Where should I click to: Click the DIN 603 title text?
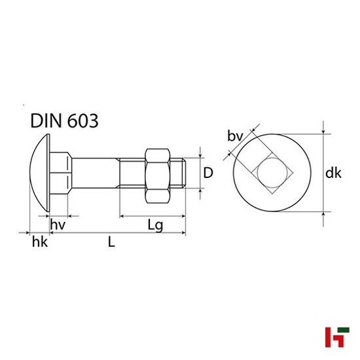(64, 120)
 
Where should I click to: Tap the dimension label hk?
(40, 243)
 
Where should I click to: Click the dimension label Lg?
(155, 225)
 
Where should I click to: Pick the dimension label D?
(208, 173)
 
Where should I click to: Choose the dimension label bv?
(234, 136)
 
